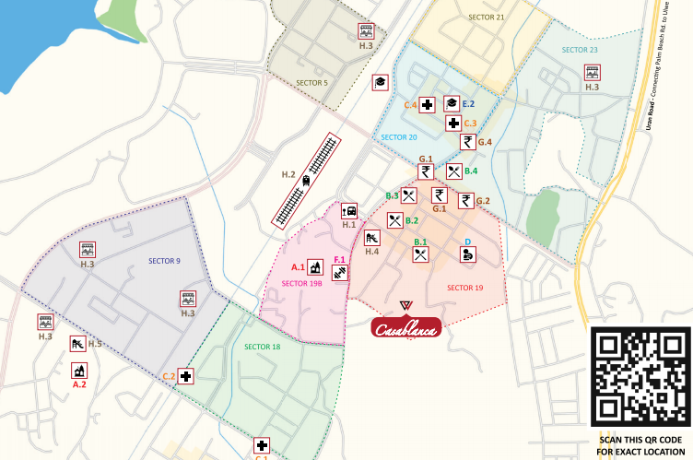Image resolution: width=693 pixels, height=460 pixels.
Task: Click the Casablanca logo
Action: point(406,327)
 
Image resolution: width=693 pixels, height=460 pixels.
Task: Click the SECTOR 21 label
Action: point(487,18)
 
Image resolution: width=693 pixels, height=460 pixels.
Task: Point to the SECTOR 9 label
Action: point(164,261)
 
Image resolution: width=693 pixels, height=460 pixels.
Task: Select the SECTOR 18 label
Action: point(263,347)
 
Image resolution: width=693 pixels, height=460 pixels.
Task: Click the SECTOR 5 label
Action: point(312,83)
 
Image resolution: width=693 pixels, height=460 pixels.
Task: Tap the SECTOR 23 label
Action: point(580,50)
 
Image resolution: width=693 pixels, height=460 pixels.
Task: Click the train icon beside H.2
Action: point(306,182)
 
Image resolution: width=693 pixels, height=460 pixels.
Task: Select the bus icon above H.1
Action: point(349,210)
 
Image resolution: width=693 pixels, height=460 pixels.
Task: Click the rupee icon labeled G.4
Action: point(468,142)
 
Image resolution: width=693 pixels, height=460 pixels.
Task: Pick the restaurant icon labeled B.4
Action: point(453,171)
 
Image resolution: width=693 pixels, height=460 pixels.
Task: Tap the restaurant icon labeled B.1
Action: point(421,255)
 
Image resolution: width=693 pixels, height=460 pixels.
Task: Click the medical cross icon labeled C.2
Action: point(186,376)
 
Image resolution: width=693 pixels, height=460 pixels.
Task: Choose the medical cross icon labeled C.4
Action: point(428,106)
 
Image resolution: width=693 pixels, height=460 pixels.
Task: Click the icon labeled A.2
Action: point(79,371)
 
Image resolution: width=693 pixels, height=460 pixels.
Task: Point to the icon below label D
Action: point(468,256)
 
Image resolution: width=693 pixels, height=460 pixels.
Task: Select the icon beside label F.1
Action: point(340,274)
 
